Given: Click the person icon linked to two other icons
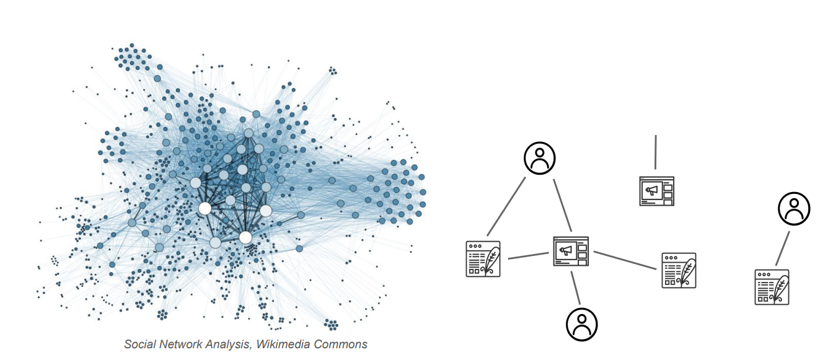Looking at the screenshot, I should [x=539, y=158].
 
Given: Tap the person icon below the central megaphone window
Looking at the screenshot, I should [x=581, y=323].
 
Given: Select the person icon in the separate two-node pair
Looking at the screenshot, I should [x=794, y=208].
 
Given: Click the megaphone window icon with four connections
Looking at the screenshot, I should [x=570, y=251].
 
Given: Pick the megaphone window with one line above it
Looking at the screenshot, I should [x=656, y=191].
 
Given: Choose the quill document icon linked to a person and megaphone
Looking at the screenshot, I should [x=483, y=258].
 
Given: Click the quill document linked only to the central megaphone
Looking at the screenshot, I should [x=679, y=270].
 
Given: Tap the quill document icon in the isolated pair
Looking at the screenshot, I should [x=772, y=287].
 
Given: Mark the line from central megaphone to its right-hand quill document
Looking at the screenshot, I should [x=624, y=260].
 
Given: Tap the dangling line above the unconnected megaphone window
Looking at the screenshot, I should [x=656, y=151].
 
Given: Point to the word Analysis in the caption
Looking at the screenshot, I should [x=227, y=344].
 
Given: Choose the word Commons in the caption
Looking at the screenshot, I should [x=339, y=344].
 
